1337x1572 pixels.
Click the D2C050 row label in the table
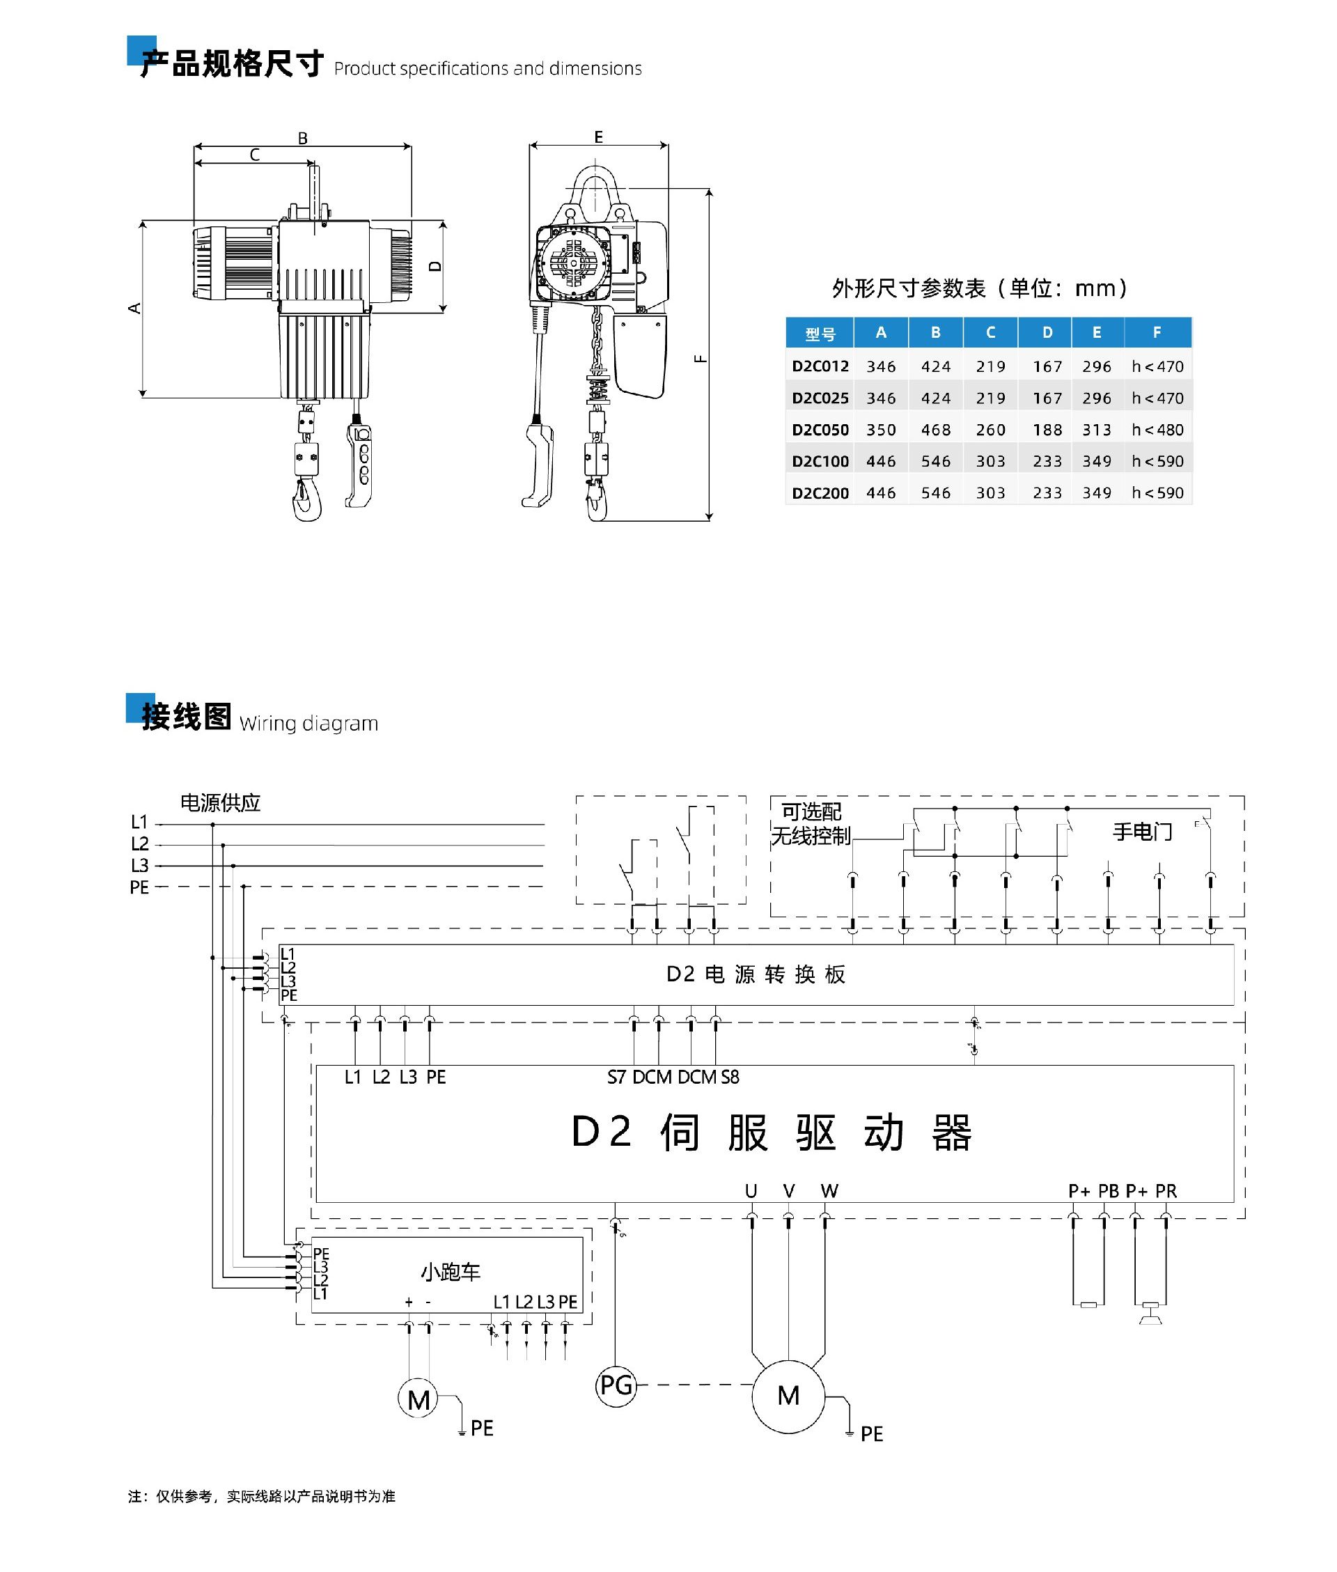820,430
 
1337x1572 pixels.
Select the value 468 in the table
935,430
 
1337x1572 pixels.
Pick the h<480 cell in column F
1157,430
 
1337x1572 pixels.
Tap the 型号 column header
820,334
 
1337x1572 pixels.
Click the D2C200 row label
820,492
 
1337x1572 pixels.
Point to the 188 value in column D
1047,430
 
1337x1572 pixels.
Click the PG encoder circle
616,1385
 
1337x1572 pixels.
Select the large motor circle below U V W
788,1395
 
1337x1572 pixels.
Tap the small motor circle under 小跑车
419,1399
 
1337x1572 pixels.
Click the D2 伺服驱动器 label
771,1133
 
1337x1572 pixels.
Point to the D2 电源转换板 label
756,974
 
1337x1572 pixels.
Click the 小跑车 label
451,1272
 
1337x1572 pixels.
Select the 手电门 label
1142,832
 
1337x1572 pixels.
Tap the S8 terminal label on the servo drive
730,1077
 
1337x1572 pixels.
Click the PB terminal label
1108,1191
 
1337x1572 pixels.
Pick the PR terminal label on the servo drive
1166,1191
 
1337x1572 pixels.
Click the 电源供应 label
220,802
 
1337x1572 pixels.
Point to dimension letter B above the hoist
302,139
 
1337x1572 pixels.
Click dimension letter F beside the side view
701,359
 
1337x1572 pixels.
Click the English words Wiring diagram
308,723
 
